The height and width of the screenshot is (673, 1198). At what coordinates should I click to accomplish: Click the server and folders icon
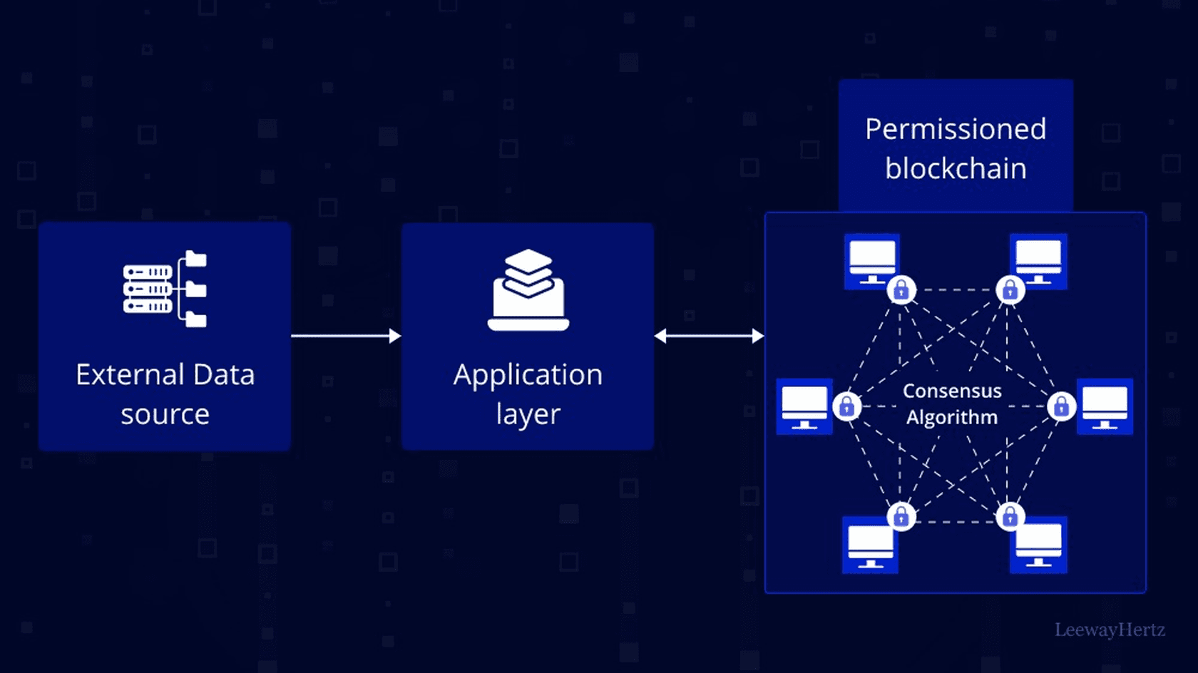[x=165, y=289]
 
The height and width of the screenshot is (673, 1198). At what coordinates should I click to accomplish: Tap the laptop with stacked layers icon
[x=528, y=290]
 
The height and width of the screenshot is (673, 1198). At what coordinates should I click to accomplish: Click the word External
[x=130, y=375]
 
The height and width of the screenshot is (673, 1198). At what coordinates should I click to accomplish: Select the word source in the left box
[x=165, y=414]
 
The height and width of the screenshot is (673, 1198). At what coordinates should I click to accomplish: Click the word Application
[x=528, y=376]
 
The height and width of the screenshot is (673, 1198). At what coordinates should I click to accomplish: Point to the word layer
[x=528, y=415]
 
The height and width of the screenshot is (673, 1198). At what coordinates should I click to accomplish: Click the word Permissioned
[x=956, y=130]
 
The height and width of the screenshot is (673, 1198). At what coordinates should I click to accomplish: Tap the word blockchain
[x=956, y=169]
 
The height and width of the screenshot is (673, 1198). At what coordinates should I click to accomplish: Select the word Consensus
[x=952, y=391]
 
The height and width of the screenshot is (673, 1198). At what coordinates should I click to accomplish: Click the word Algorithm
[x=952, y=417]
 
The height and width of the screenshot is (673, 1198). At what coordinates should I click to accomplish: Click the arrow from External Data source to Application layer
[x=346, y=336]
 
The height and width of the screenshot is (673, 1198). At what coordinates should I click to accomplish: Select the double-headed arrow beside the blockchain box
[x=709, y=336]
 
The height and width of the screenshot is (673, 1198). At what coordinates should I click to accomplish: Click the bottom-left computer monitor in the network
[x=870, y=545]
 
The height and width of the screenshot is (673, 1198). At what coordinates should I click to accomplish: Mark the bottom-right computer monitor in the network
[x=1039, y=545]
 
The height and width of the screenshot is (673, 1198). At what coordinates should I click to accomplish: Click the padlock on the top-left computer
[x=901, y=290]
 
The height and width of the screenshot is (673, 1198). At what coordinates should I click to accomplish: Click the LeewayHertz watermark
[x=1110, y=630]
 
